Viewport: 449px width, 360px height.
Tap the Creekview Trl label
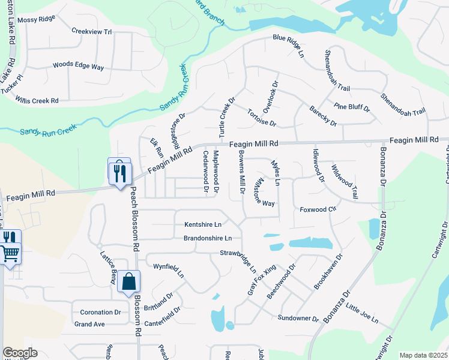pos(92,31)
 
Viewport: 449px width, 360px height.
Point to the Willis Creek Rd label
pos(37,100)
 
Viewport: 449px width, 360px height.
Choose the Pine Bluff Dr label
pos(352,107)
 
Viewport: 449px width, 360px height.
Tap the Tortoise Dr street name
pos(262,118)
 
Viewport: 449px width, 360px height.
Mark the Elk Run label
pos(155,149)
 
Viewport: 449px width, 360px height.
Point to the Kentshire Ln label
pos(203,224)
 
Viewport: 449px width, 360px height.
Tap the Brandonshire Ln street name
pos(208,238)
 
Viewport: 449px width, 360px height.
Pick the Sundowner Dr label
pos(298,317)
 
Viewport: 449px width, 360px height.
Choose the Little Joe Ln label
pos(362,315)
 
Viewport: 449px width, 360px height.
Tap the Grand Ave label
pos(89,324)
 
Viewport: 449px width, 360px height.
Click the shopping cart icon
pos(10,254)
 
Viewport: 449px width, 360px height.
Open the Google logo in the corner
pos(20,353)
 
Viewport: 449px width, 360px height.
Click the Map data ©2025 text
pos(423,355)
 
